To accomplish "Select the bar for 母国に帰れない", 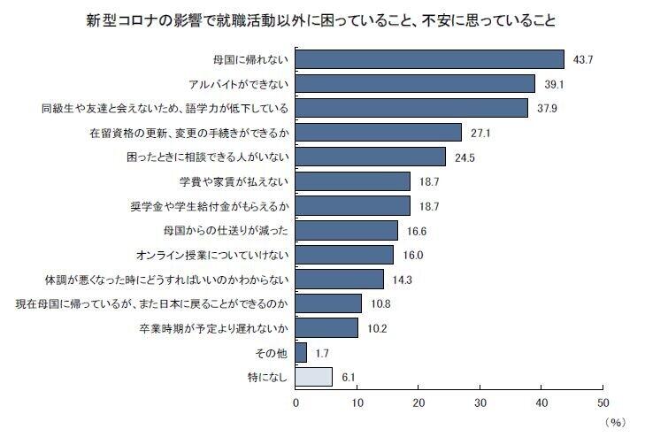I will pyautogui.click(x=430, y=59).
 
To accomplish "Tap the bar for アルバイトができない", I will pyautogui.click(x=416, y=83).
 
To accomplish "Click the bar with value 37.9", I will pyautogui.click(x=412, y=108).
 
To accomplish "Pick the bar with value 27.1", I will pyautogui.click(x=379, y=133).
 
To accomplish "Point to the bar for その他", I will pyautogui.click(x=302, y=353).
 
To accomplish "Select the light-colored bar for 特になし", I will pyautogui.click(x=314, y=377).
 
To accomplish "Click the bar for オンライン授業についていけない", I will pyautogui.click(x=345, y=255).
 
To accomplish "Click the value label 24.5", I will pyautogui.click(x=466, y=157).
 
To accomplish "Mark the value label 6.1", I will pyautogui.click(x=349, y=378).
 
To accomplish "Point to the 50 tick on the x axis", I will pyautogui.click(x=603, y=402).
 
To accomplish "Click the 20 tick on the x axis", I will pyautogui.click(x=418, y=402).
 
